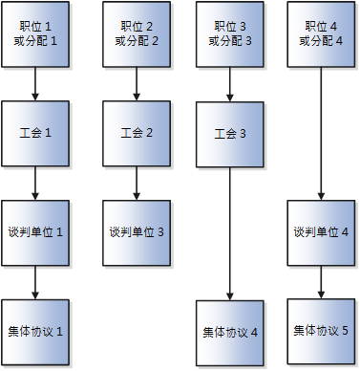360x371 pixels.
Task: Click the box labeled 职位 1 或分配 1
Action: [35, 34]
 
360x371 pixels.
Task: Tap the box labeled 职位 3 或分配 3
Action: [229, 34]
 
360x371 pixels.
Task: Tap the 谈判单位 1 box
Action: [35, 232]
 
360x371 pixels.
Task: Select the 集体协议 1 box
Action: [35, 331]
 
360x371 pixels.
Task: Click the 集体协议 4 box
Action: [229, 332]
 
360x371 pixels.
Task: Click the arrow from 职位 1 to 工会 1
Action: [35, 84]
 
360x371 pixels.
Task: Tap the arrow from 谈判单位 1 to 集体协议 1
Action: [35, 282]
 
